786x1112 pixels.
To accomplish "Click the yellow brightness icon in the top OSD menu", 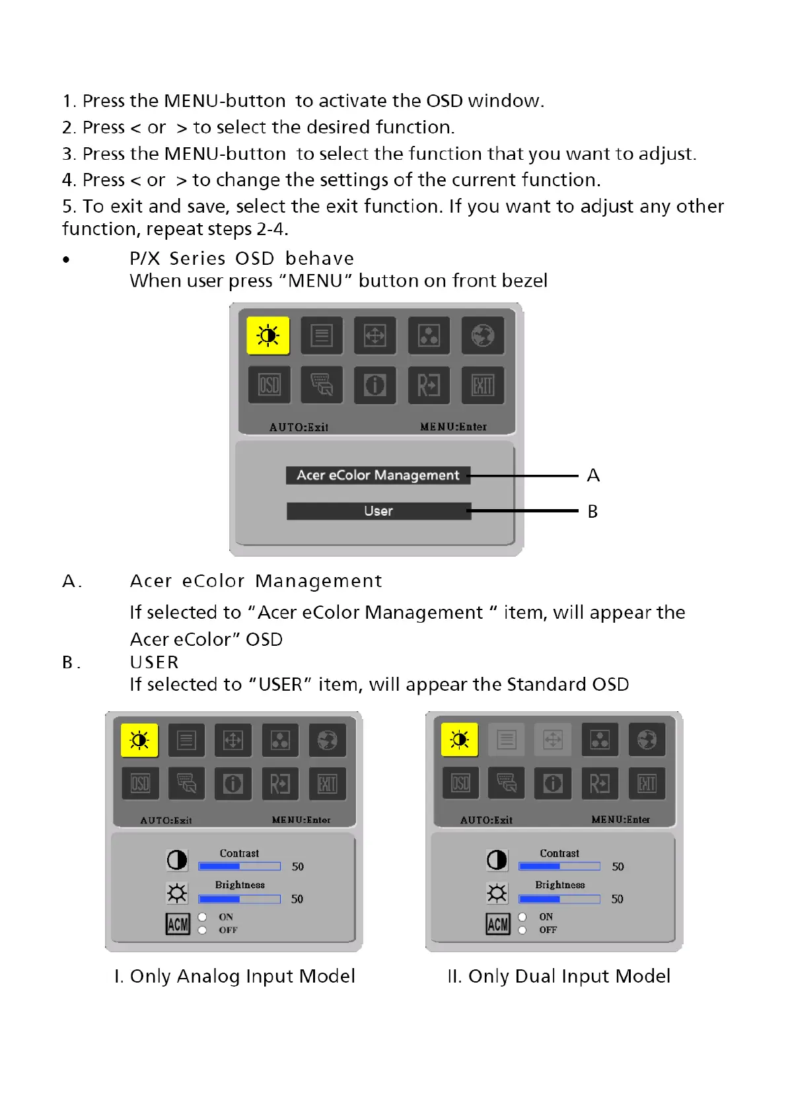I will tap(268, 336).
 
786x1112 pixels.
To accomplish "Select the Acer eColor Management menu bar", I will tap(378, 475).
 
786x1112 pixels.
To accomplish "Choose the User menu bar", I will tap(378, 511).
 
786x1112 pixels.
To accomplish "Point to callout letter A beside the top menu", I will tap(593, 475).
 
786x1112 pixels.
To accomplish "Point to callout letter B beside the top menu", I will tap(592, 512).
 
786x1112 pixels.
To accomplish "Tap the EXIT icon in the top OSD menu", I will tap(482, 385).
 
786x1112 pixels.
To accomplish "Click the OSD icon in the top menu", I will tap(269, 385).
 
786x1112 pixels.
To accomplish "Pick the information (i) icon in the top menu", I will tap(375, 385).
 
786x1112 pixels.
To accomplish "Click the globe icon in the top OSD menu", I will tap(482, 336).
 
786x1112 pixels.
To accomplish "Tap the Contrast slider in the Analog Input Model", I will tap(240, 866).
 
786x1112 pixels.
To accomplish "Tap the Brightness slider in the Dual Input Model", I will tap(559, 899).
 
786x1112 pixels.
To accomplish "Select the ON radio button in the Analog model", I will tap(203, 917).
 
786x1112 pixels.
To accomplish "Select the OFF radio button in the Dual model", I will tap(522, 930).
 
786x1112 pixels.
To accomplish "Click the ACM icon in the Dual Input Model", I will tap(498, 924).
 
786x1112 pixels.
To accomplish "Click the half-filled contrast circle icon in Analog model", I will tap(177, 860).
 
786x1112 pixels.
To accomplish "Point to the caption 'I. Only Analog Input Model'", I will tap(234, 976).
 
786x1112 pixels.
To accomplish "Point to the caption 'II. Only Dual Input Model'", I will tap(559, 976).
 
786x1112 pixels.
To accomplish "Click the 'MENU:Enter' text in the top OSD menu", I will tap(453, 427).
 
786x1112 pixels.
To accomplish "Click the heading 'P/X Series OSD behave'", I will tap(242, 258).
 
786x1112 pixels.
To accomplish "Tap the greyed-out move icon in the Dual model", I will tap(553, 740).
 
